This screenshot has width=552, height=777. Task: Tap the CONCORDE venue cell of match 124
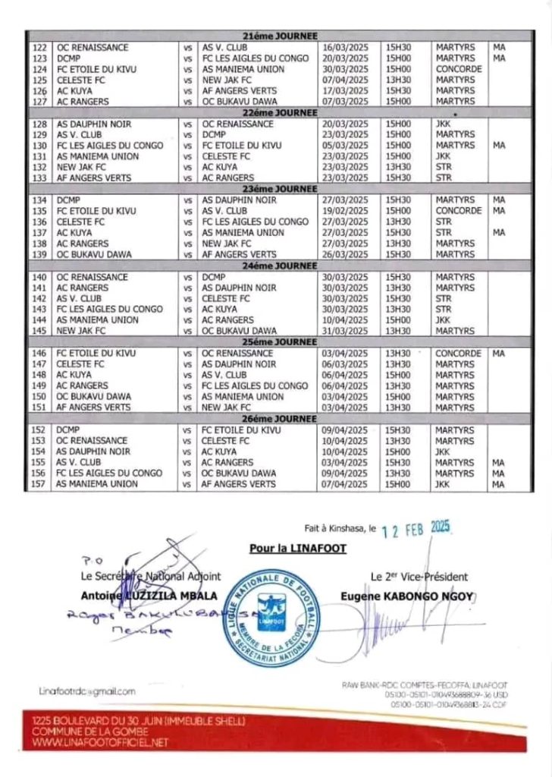(459, 69)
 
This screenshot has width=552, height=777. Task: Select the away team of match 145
(239, 332)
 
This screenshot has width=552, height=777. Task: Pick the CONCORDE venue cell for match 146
(459, 354)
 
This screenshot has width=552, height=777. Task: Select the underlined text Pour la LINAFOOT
(297, 548)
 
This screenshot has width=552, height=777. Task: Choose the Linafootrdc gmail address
(87, 691)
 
